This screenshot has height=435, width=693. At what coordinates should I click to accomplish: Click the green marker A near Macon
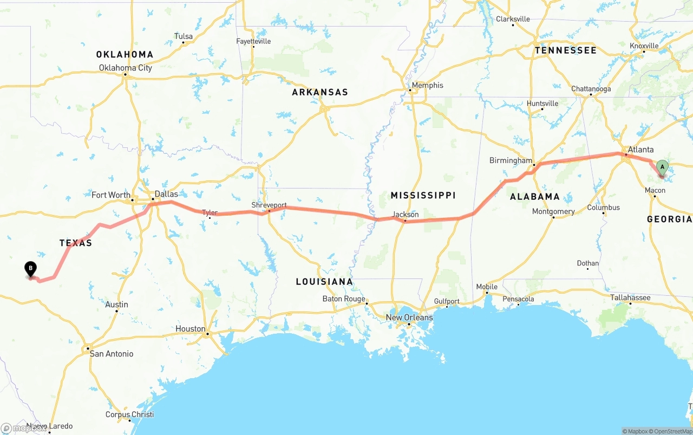click(662, 167)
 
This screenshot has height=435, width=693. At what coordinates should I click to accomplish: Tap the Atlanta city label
click(640, 150)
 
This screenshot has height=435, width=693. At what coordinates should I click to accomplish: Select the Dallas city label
click(166, 194)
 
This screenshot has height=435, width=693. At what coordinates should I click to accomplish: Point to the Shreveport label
click(269, 205)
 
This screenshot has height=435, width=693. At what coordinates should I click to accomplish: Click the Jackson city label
click(406, 215)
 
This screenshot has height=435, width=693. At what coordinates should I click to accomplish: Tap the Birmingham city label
click(511, 161)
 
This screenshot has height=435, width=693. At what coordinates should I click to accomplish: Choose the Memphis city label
click(427, 85)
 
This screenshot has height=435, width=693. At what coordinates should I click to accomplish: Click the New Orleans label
click(409, 317)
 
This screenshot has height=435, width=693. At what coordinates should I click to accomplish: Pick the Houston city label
click(190, 329)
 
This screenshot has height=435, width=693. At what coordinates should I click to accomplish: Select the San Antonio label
click(112, 354)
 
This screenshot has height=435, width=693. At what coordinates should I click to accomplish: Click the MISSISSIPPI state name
click(423, 195)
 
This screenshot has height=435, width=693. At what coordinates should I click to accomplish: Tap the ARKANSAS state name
click(320, 92)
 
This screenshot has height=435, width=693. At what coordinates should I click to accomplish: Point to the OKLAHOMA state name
click(125, 54)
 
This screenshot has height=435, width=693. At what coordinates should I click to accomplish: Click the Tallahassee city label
click(631, 298)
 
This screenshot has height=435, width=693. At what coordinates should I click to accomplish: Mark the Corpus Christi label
click(129, 414)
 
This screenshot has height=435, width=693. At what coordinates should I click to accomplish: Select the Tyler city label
click(210, 213)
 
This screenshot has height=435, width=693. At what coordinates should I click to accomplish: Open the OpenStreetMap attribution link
click(672, 431)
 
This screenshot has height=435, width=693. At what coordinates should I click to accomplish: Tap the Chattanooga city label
click(591, 89)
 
